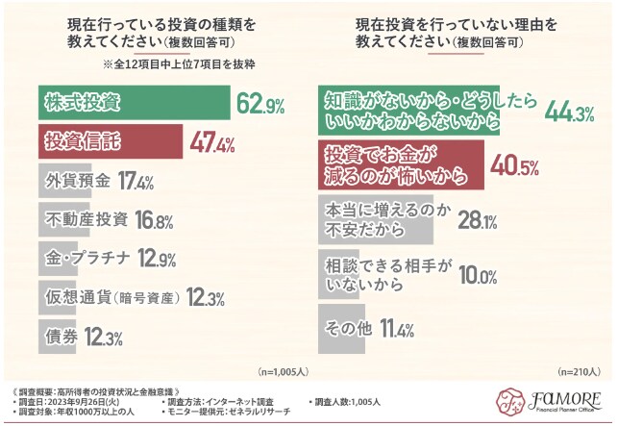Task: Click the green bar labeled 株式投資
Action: (x=135, y=100)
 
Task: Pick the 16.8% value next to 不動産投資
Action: (x=155, y=220)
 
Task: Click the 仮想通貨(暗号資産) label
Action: (x=111, y=297)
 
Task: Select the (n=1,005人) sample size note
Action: (x=284, y=370)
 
